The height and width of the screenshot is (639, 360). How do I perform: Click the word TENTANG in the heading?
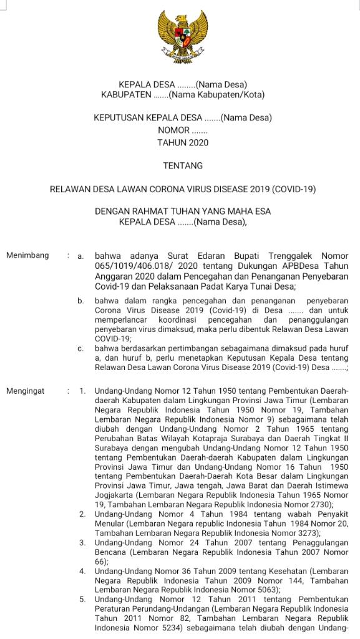[183, 166]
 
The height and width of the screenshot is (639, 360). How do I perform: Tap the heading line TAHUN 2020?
[183, 142]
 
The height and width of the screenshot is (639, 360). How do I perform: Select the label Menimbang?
[26, 256]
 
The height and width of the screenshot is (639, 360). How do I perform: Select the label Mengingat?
[26, 391]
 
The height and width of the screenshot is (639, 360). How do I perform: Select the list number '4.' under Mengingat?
[82, 570]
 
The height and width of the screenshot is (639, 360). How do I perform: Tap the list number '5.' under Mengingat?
[82, 600]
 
